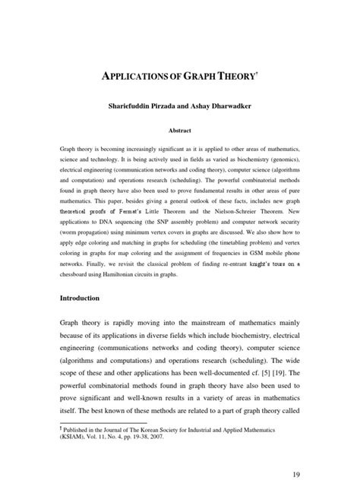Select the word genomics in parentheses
pos(279,163)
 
